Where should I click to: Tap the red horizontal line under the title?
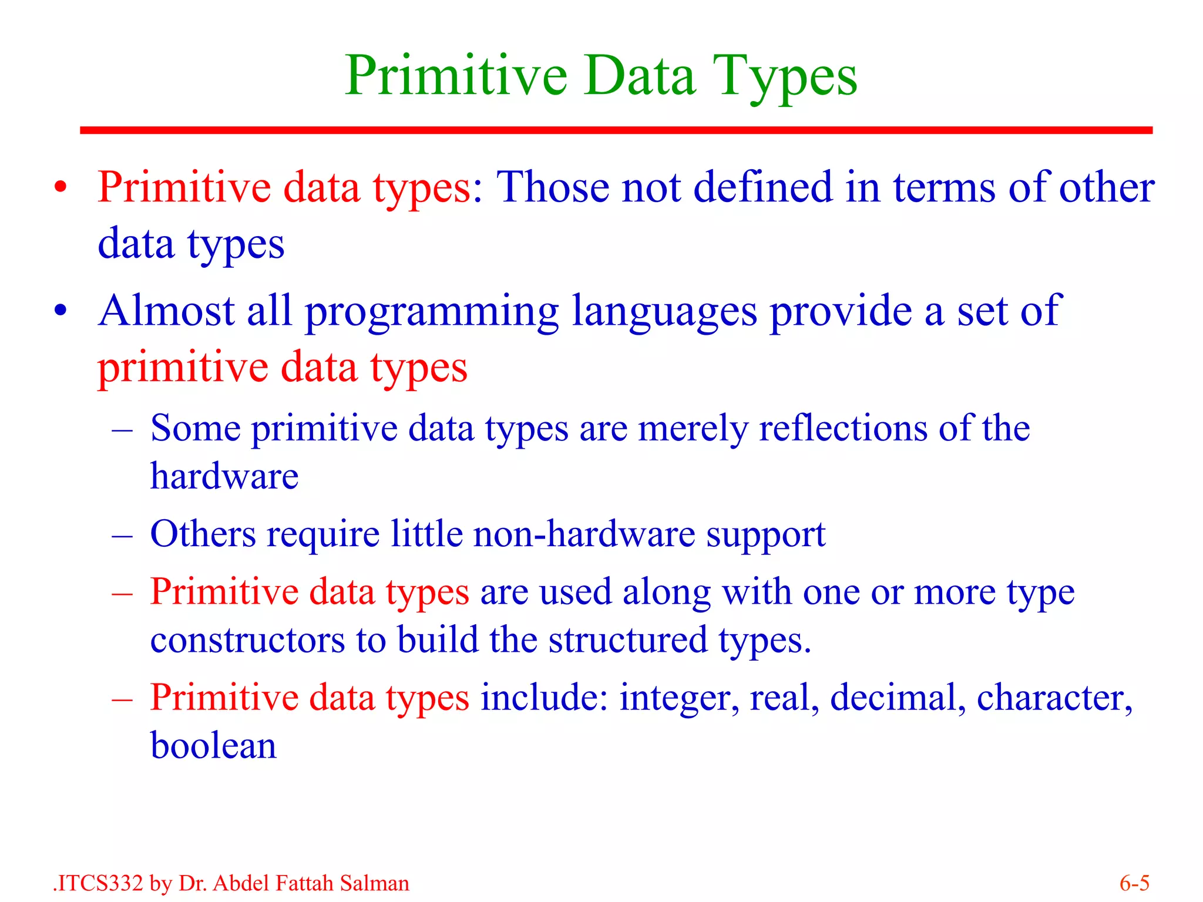pyautogui.click(x=616, y=130)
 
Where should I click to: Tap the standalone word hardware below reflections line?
pyautogui.click(x=224, y=476)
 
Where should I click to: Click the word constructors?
pyautogui.click(x=247, y=640)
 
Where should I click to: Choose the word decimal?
pyautogui.click(x=897, y=698)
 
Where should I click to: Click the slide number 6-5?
pyautogui.click(x=1134, y=883)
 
